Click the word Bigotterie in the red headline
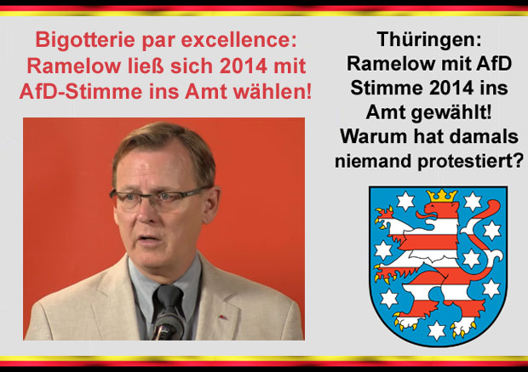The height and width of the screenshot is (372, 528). pos(86,40)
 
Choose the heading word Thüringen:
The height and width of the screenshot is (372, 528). pos(429,39)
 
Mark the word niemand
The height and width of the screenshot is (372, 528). pos(374,161)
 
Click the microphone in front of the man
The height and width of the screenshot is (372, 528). pos(168,325)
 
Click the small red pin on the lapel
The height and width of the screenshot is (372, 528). pos(222,317)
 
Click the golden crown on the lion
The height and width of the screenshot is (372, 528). pos(442,196)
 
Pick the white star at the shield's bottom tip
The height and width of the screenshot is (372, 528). pos(436,330)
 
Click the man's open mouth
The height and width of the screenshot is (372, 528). pos(147,238)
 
